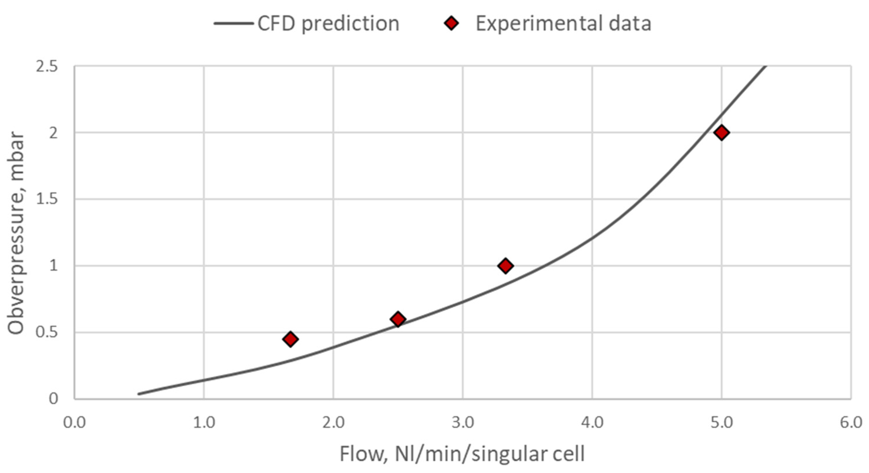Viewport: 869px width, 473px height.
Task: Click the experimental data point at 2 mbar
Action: coord(721,133)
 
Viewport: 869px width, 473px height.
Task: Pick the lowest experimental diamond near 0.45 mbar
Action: coord(290,339)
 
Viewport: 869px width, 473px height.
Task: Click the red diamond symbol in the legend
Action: coord(451,23)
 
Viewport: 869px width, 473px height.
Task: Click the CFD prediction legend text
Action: coord(328,24)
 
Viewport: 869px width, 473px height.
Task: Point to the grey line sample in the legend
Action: coord(234,24)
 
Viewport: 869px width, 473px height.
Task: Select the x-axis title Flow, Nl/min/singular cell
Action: coord(462,454)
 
